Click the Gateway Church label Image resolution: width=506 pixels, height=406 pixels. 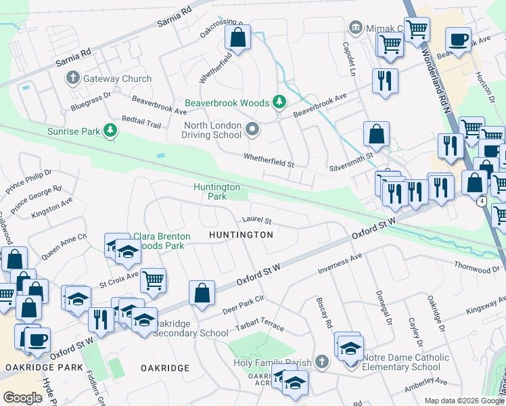coord(117,78)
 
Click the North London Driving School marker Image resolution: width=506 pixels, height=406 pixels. coord(253,129)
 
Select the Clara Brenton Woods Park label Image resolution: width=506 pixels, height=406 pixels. coord(158,241)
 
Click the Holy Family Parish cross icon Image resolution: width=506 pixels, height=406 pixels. coord(322,362)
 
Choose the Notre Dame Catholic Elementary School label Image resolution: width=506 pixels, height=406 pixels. coord(405,362)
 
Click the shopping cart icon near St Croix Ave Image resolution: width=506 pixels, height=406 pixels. coord(154,279)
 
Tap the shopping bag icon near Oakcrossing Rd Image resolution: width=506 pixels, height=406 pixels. coord(237,39)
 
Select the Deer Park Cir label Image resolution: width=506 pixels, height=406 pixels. coord(241,304)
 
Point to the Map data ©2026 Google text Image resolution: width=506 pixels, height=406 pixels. coord(464,401)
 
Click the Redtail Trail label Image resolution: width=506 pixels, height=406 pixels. coord(141,122)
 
